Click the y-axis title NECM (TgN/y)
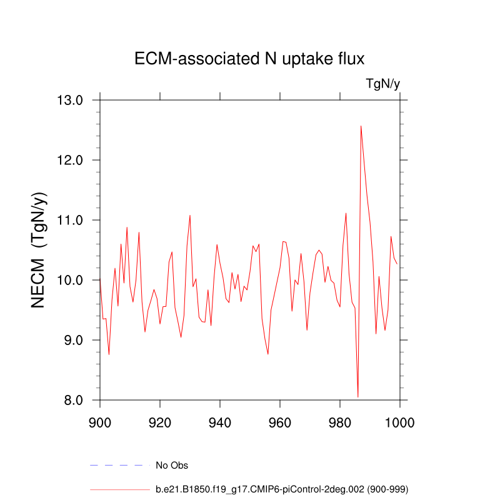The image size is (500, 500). point(39,250)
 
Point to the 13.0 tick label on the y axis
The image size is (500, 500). point(71,100)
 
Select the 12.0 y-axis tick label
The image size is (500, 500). point(71,160)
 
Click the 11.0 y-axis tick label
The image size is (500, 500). point(71,220)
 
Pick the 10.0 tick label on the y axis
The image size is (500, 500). point(71,280)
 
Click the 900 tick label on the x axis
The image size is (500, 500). point(100,421)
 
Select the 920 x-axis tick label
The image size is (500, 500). point(160,421)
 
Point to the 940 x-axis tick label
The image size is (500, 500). point(220,421)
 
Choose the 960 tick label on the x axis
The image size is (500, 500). point(280,421)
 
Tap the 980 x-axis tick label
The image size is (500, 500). point(340,421)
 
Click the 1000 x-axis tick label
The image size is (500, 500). point(399,421)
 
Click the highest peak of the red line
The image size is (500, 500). point(361,126)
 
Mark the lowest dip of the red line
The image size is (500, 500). point(357,397)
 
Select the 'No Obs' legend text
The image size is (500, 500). point(172,465)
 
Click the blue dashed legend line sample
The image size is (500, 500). point(120,465)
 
